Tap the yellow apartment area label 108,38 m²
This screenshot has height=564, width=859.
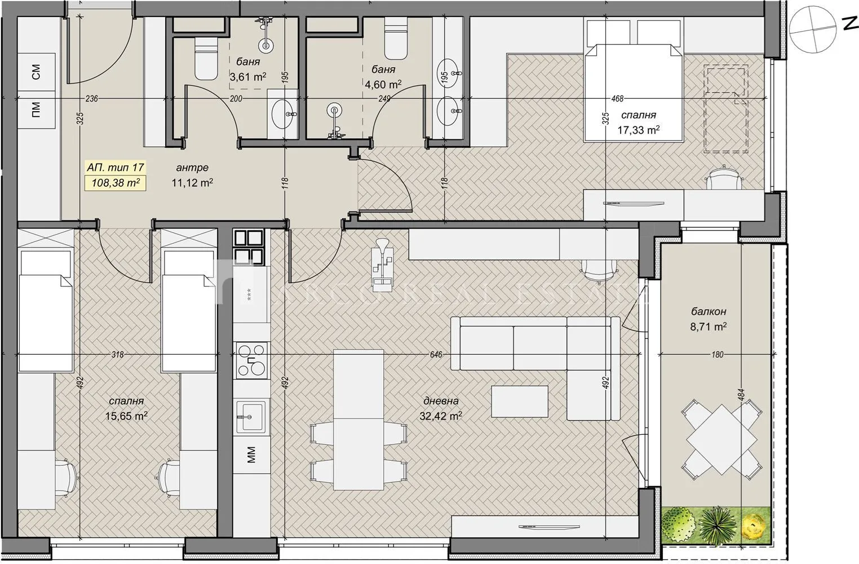pyautogui.click(x=116, y=183)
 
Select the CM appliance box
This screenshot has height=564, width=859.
pyautogui.click(x=37, y=72)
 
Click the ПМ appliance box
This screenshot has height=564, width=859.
pyautogui.click(x=37, y=107)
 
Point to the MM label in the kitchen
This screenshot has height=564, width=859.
pyautogui.click(x=251, y=454)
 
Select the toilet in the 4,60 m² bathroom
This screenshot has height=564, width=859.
pyautogui.click(x=395, y=40)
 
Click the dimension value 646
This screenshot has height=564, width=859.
pyautogui.click(x=436, y=355)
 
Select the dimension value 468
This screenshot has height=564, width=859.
pyautogui.click(x=617, y=99)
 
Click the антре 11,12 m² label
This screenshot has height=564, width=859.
pyautogui.click(x=192, y=175)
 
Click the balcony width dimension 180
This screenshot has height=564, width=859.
pyautogui.click(x=717, y=355)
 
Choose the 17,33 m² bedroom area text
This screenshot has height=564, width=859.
pyautogui.click(x=639, y=130)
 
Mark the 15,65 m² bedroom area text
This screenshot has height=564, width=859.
pyautogui.click(x=126, y=416)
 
